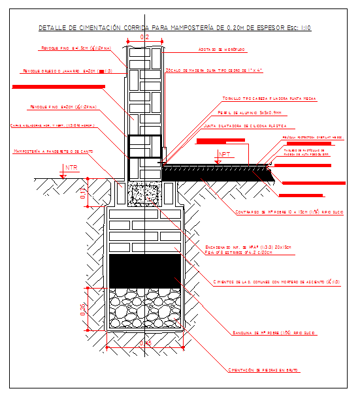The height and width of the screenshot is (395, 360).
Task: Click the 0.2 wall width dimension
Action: click(x=144, y=38)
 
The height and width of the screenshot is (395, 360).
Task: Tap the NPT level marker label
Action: click(x=225, y=155)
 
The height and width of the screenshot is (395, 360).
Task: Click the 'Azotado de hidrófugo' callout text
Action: click(x=222, y=50)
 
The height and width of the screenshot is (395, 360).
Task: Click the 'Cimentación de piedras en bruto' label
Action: click(x=263, y=370)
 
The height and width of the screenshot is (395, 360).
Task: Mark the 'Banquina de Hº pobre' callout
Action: click(x=274, y=333)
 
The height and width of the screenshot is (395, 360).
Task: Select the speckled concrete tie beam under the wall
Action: click(x=144, y=193)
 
